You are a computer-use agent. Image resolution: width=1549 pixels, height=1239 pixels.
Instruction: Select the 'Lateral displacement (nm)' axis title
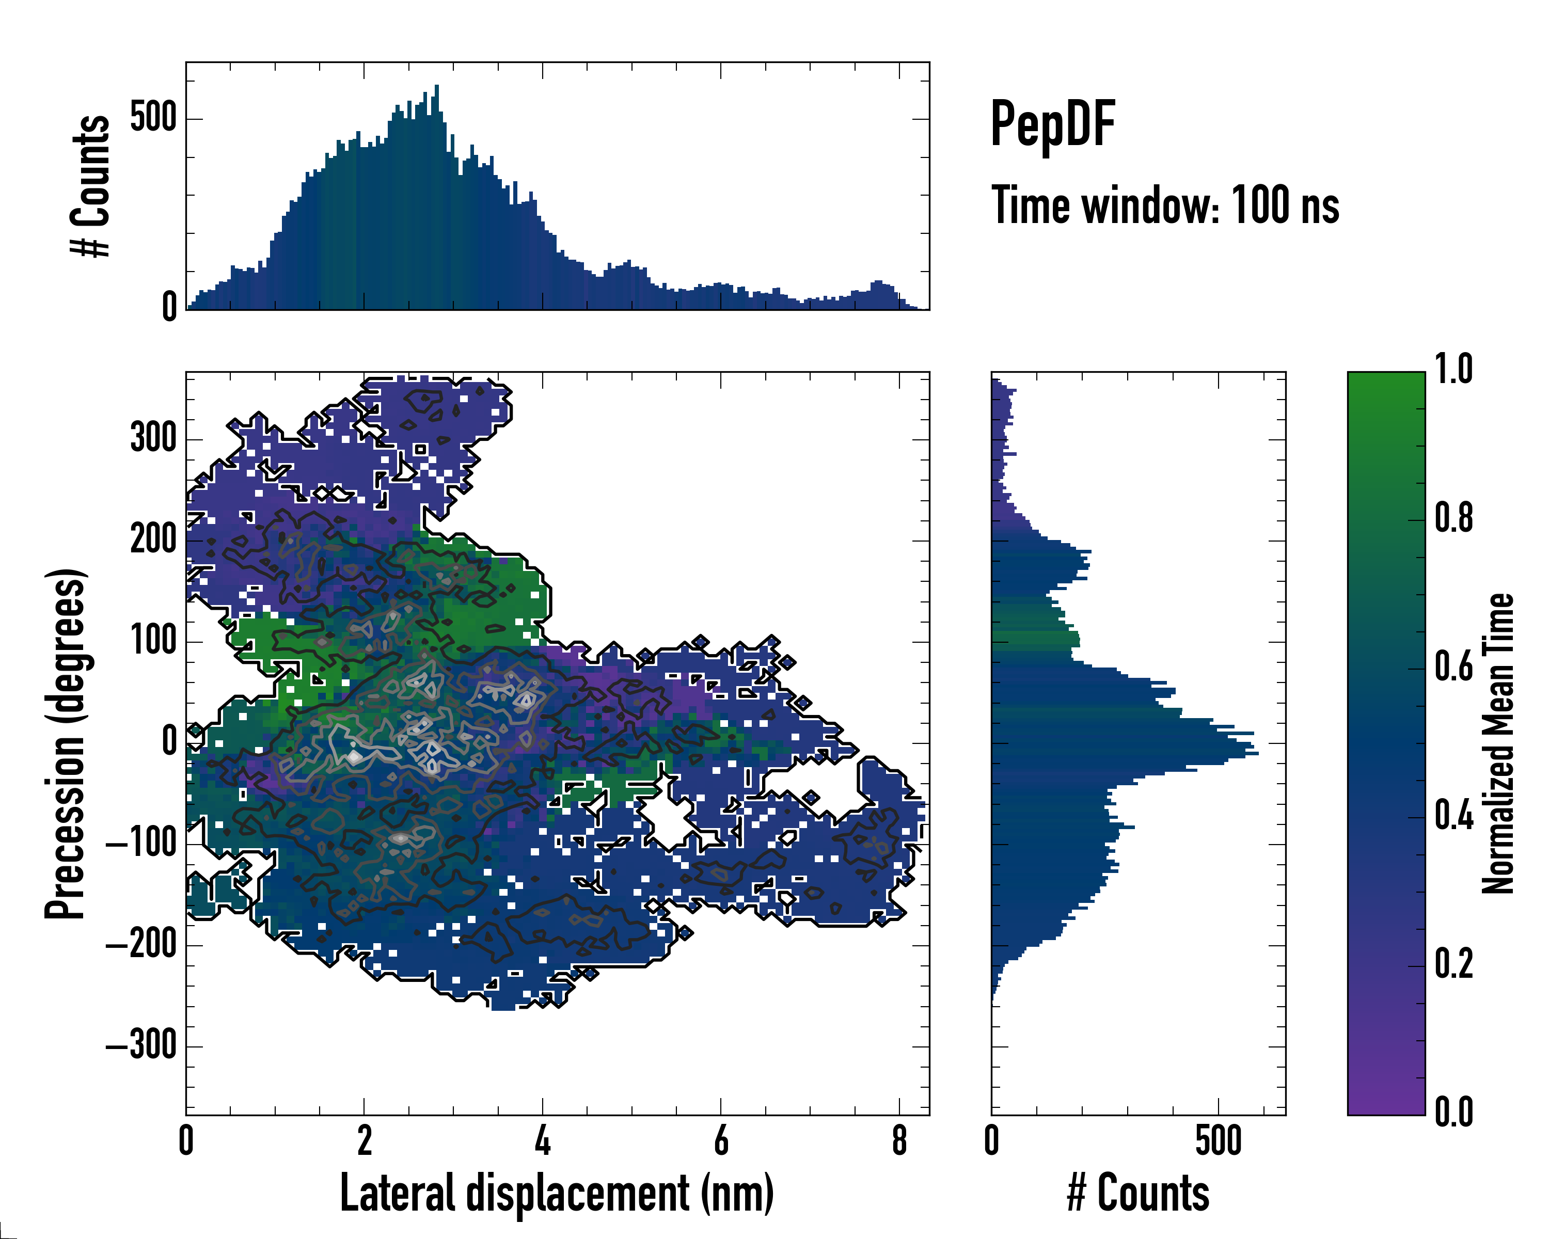tap(557, 1193)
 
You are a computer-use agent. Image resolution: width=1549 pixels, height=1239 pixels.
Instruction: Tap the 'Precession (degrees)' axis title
tap(66, 743)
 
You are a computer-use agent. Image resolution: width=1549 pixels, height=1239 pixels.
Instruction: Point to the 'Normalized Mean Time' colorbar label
tap(1498, 743)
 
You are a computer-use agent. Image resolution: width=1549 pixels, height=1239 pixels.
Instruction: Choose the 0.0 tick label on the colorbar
tap(1453, 1112)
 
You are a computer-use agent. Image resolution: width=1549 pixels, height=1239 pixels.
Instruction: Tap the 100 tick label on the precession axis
tap(153, 640)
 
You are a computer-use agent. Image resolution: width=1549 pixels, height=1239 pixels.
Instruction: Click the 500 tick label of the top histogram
tap(153, 117)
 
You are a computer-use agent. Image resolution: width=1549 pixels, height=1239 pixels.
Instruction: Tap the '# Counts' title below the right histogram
tap(1138, 1193)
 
